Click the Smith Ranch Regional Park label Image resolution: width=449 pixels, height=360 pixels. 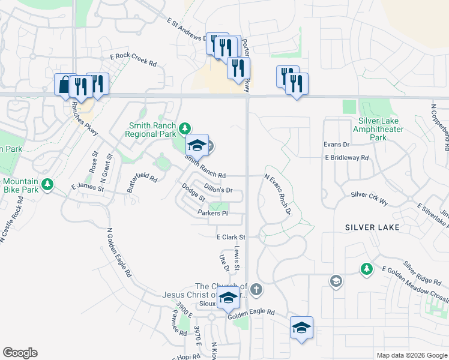click(151, 130)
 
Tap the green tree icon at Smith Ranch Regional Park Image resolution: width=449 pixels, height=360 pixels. click(185, 127)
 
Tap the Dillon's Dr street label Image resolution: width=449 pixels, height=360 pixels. click(218, 190)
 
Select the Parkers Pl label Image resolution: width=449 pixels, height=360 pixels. click(212, 213)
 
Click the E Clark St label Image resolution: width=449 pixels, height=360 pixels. click(232, 238)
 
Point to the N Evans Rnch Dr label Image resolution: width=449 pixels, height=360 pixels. click(277, 194)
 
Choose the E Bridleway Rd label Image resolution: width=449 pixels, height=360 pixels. click(347, 158)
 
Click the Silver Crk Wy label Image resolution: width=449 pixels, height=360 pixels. click(369, 195)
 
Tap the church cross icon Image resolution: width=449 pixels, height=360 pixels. click(256, 290)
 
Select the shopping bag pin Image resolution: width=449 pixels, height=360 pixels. click(65, 85)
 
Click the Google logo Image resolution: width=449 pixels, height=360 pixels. click(20, 353)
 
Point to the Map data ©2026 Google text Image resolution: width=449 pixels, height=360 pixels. click(411, 355)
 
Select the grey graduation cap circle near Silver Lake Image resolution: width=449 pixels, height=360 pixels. click(336, 281)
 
